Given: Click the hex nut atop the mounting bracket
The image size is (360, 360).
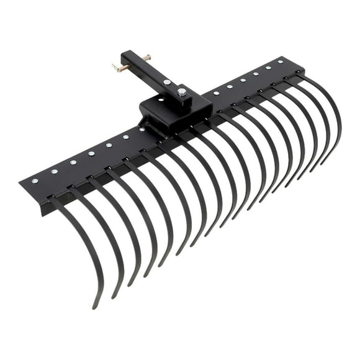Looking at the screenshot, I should pyautogui.click(x=182, y=92).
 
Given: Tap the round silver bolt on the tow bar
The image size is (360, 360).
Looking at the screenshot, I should pyautogui.click(x=166, y=82).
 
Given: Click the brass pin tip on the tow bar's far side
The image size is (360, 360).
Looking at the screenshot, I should pyautogui.click(x=147, y=57).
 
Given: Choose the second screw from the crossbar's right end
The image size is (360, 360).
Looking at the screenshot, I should pyautogui.click(x=268, y=67).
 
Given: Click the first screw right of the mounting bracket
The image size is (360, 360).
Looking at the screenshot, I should pyautogui.click(x=215, y=93).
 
